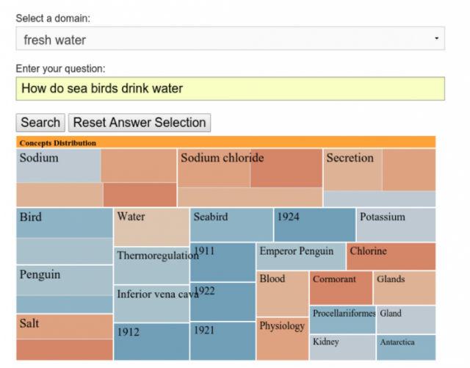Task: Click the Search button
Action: pos(40,123)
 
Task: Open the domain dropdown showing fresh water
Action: pos(230,39)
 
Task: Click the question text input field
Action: pos(230,89)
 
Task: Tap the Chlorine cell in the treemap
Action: pos(391,256)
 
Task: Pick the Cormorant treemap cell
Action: pos(341,287)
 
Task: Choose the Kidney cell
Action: pos(342,347)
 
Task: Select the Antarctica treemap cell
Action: pos(406,347)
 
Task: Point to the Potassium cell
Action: pos(396,225)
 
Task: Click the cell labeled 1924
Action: pos(314,225)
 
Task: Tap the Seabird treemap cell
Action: pos(231,225)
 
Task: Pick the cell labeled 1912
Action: pos(151,342)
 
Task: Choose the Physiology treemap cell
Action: pos(282,338)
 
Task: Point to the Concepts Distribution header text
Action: pos(58,142)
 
